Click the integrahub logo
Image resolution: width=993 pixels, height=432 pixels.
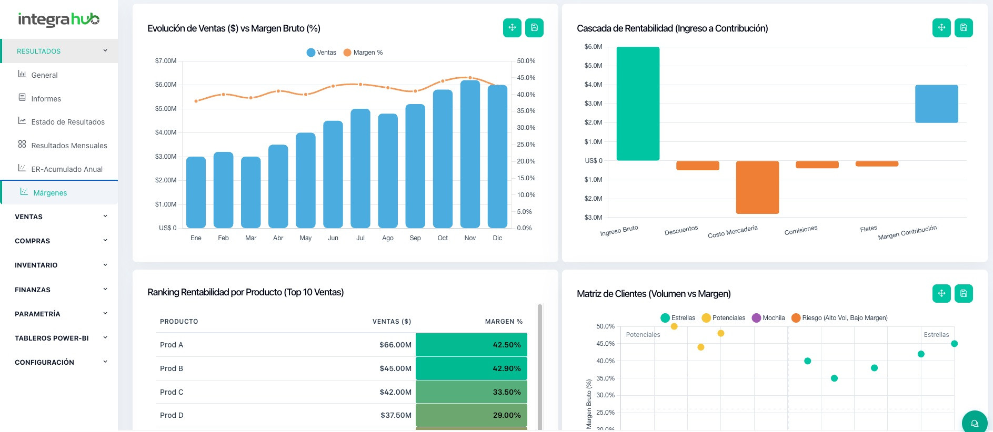coord(58,19)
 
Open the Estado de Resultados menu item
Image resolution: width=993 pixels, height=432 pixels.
coord(67,122)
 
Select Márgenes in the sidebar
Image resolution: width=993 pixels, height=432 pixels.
coord(50,193)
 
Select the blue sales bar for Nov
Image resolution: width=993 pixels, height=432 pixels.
coord(470,155)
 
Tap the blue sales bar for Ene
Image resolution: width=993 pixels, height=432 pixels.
coord(196,192)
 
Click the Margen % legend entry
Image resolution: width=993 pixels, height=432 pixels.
coord(363,53)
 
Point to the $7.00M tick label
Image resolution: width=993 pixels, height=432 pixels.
coord(166,61)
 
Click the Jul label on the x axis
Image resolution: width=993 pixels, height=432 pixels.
coord(360,238)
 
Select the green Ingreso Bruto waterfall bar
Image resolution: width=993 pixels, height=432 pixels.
coord(638,104)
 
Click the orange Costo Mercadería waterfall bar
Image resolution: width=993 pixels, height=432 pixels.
coord(757,187)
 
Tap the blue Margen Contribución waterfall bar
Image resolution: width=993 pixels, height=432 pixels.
coord(936,104)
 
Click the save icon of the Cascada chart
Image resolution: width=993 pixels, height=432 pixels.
coord(964,28)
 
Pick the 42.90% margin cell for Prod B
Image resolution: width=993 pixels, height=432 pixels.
coord(472,368)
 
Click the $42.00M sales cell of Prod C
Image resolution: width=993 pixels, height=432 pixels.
coord(395,392)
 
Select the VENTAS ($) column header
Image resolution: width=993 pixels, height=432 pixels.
coord(392,322)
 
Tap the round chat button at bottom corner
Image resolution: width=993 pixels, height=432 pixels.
coord(975,423)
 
